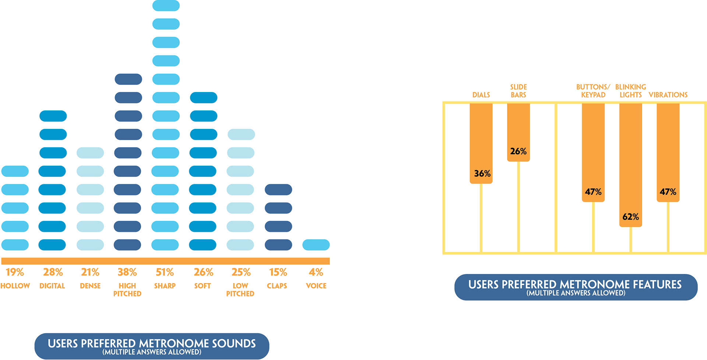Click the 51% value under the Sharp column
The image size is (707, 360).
pos(165,272)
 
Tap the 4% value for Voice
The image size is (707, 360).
pos(316,272)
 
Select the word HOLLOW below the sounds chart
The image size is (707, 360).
pos(15,286)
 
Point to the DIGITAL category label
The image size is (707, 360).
pos(52,286)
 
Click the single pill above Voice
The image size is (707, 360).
pos(316,245)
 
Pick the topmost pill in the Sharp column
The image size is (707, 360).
pos(166,6)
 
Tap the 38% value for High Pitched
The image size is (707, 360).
pos(127,272)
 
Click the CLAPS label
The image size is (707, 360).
pos(277,286)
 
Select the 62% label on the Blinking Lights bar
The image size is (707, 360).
pos(630,217)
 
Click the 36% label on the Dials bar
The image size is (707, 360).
pos(482,173)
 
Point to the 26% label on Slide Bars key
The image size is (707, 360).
pos(518,151)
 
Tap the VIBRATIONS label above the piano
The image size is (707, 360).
pos(668,95)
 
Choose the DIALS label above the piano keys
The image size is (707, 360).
pos(481,95)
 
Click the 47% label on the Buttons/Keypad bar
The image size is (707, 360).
pos(593,192)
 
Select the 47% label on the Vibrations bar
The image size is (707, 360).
pos(668,192)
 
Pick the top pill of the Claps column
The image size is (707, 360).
pos(278,190)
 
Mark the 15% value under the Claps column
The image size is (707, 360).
pos(278,272)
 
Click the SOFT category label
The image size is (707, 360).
pos(203,286)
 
